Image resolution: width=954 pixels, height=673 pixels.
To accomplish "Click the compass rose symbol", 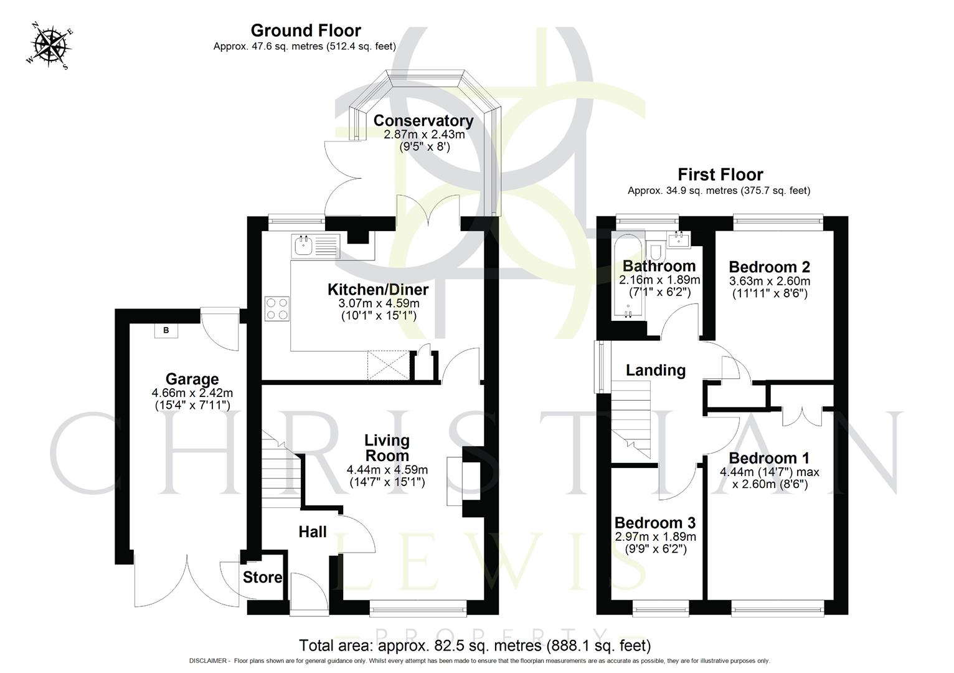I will (50, 45).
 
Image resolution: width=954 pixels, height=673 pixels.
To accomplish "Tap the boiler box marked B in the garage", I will (166, 330).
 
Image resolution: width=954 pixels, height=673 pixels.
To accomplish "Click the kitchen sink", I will (304, 246).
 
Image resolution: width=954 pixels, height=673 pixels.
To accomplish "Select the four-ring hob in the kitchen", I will (278, 308).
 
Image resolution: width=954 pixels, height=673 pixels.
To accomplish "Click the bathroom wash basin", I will (676, 239).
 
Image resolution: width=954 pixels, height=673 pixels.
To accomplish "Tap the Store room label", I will (262, 578).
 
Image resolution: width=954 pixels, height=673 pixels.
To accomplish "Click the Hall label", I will (313, 532).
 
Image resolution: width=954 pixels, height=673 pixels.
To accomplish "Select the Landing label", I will (655, 370).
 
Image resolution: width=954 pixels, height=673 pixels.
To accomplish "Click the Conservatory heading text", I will (423, 120).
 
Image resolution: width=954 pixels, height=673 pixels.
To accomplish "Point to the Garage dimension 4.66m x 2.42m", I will (192, 393).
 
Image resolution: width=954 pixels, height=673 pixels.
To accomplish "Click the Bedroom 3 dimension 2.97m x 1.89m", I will (655, 537).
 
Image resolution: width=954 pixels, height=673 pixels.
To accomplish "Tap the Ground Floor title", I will (306, 31).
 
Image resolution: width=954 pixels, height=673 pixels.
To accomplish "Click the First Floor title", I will (720, 174).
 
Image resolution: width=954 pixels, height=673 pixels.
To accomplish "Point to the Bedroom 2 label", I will (769, 267).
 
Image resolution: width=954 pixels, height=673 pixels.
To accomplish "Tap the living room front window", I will (418, 603).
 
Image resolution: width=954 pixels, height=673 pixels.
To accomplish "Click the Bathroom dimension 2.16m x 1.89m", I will (659, 280).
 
